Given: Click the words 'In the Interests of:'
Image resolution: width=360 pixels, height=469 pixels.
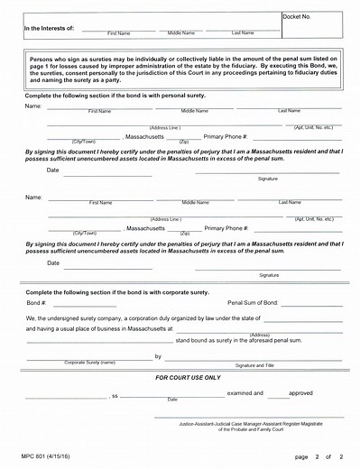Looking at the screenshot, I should coord(49,29).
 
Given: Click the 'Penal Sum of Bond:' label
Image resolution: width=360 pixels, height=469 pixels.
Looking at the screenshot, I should coord(254,303).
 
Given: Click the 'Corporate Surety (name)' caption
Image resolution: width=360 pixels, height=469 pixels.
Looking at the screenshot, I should coord(89,363).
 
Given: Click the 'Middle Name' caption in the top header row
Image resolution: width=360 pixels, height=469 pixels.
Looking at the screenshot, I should coord(181,32).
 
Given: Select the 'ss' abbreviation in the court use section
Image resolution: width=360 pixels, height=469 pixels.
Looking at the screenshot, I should coord(114,395).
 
